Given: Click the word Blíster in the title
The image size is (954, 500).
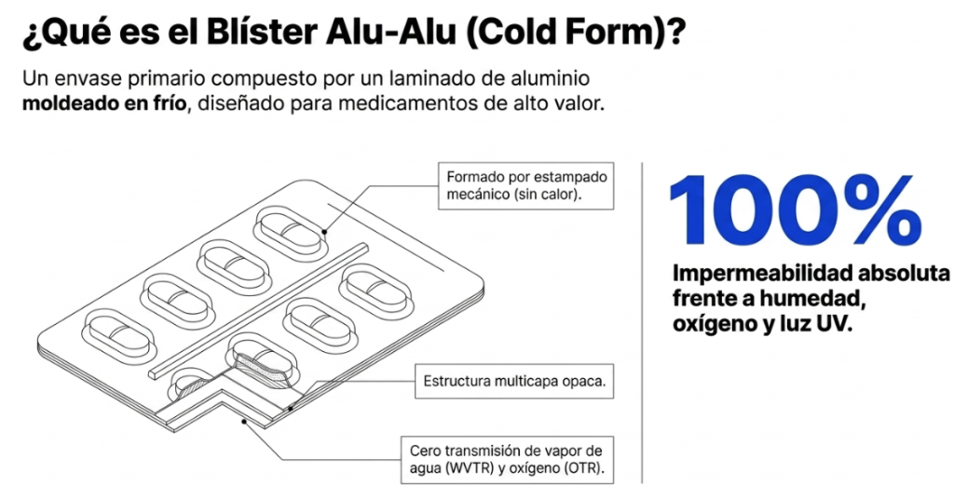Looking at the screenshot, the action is click(262, 33).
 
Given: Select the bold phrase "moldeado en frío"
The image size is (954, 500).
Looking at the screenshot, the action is click(104, 102).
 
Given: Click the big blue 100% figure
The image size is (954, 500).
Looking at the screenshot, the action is click(795, 210).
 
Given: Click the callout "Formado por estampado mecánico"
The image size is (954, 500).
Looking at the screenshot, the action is click(526, 185).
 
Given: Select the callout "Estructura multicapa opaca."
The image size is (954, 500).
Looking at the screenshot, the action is click(514, 382).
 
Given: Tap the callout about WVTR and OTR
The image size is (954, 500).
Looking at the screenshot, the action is click(507, 460).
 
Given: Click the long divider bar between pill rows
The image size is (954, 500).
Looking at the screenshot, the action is click(258, 310).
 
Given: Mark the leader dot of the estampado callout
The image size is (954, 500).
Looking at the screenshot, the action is click(325, 231).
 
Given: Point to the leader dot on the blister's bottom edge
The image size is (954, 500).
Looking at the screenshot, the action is click(244, 421).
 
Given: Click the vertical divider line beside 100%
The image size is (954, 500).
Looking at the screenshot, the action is click(642, 322).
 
